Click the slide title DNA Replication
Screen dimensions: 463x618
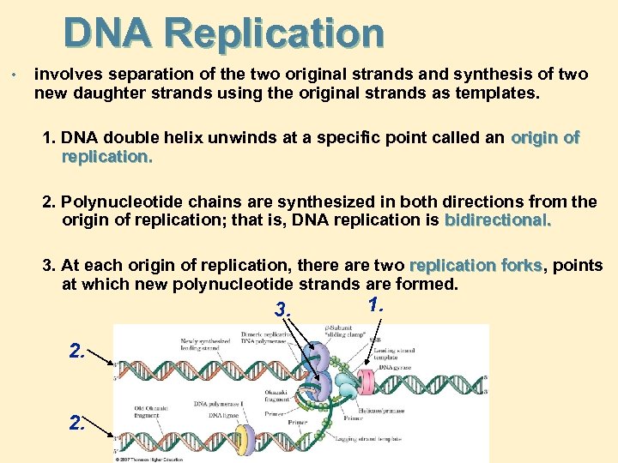coord(223,33)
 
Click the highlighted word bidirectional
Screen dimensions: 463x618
coord(498,220)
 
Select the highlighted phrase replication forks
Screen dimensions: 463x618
coord(476,266)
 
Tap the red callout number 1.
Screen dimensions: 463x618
coord(375,304)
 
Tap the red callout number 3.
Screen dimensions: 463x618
coord(282,309)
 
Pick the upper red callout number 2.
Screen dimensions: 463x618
coord(78,350)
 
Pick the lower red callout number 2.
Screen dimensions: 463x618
coord(78,422)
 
